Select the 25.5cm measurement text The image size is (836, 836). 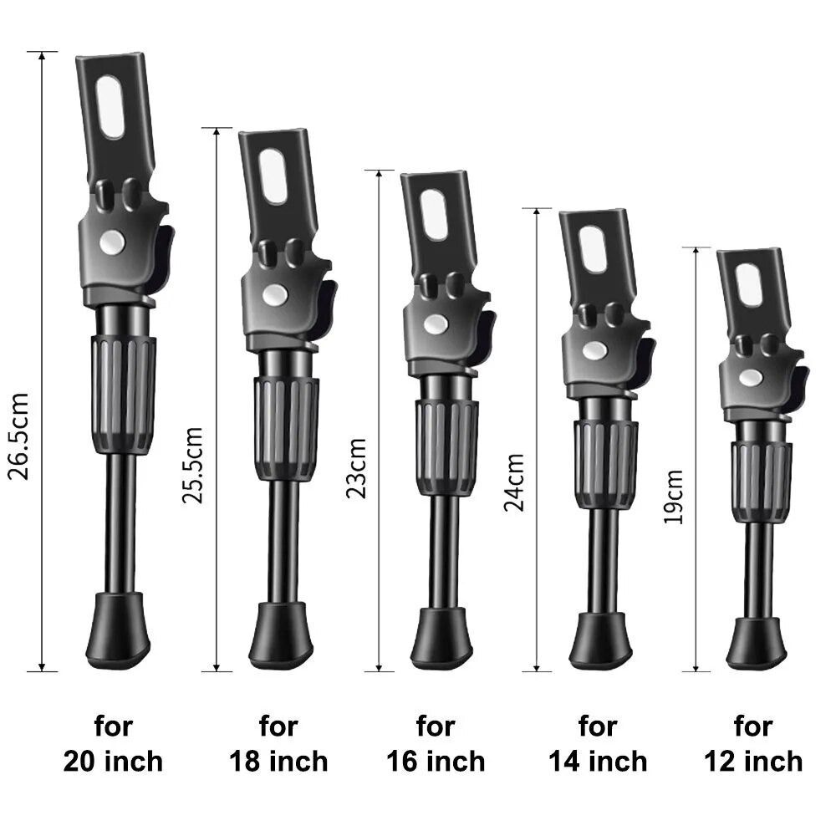click(x=193, y=465)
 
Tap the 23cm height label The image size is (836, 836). click(x=357, y=468)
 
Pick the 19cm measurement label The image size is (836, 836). click(x=674, y=497)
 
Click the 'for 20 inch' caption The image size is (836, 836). click(x=113, y=743)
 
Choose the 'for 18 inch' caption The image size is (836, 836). click(x=278, y=743)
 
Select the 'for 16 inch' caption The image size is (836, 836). click(x=436, y=743)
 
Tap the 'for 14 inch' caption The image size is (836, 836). click(x=598, y=743)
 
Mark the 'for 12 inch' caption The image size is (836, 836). click(x=753, y=743)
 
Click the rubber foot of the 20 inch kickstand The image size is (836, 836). click(x=119, y=631)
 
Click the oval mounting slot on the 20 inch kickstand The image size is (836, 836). click(x=110, y=106)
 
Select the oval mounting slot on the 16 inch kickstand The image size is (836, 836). click(x=433, y=215)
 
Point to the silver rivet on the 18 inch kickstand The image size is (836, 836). click(x=273, y=293)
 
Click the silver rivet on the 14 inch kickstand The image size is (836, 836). click(x=594, y=350)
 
